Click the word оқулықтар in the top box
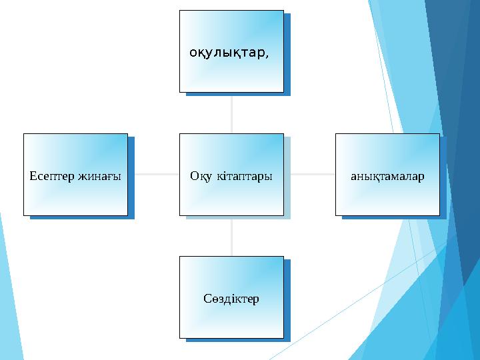[x=227, y=53]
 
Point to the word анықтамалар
[x=387, y=176]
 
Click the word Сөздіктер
[x=231, y=298]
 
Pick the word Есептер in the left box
[x=53, y=176]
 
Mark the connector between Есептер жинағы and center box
[x=153, y=175]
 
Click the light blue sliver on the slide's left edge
[x=8, y=300]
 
